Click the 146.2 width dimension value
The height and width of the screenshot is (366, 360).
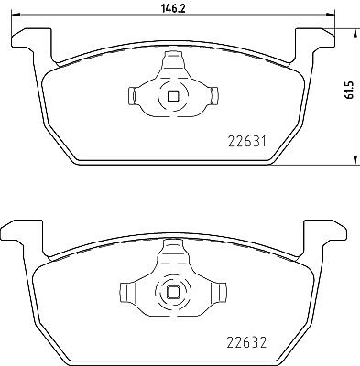(x=173, y=8)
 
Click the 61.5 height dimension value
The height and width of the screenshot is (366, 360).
(x=349, y=91)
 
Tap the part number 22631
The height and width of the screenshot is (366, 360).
(x=247, y=142)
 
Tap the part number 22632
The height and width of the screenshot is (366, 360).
(x=246, y=342)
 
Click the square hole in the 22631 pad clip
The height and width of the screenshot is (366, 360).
(x=173, y=96)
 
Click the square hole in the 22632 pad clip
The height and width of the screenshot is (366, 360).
(x=173, y=293)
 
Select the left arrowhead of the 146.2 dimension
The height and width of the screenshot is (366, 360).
(x=15, y=15)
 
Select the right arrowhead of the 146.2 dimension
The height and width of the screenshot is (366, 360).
(x=331, y=15)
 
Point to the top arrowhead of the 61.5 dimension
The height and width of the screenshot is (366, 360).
(x=355, y=33)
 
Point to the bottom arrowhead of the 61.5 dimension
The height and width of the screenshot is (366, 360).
(x=355, y=161)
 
